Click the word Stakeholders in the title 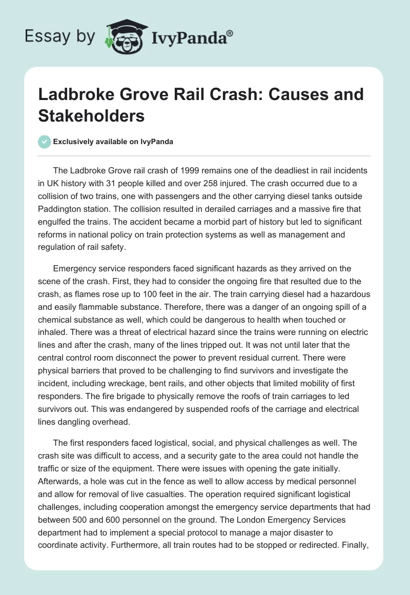click(x=91, y=115)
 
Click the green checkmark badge click(x=45, y=142)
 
